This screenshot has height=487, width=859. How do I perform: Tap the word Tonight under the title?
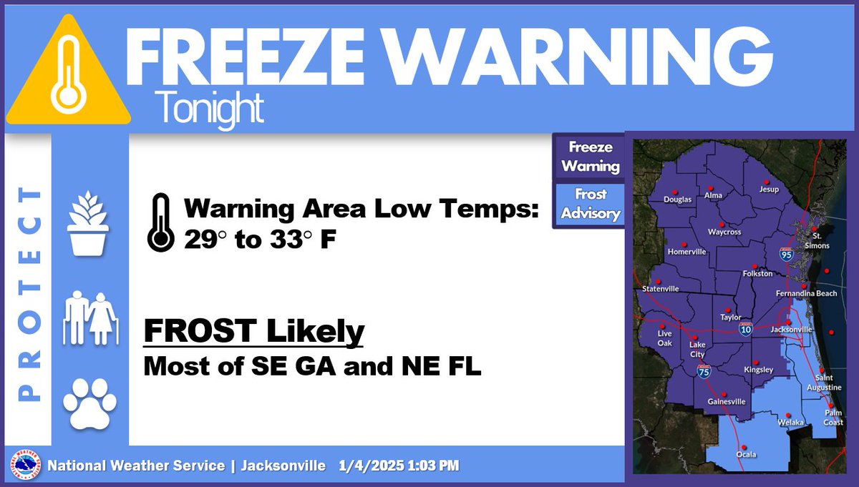(x=208, y=109)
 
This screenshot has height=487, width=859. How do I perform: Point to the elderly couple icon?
(x=89, y=318)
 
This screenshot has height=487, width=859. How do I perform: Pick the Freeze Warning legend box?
(x=590, y=157)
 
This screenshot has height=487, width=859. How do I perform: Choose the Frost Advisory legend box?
(x=590, y=204)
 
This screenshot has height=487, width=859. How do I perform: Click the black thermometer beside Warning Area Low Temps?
(x=160, y=222)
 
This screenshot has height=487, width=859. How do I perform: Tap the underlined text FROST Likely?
(x=254, y=332)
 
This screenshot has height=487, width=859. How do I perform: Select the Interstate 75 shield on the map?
(x=704, y=370)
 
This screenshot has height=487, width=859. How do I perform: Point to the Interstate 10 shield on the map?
(x=745, y=328)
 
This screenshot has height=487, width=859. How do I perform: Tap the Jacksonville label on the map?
(x=791, y=330)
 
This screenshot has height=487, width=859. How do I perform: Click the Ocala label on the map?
(x=747, y=454)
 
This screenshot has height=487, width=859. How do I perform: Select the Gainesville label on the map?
(x=727, y=401)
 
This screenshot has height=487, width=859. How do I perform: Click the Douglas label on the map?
(x=677, y=200)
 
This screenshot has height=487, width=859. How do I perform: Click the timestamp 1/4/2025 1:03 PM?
(x=399, y=466)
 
